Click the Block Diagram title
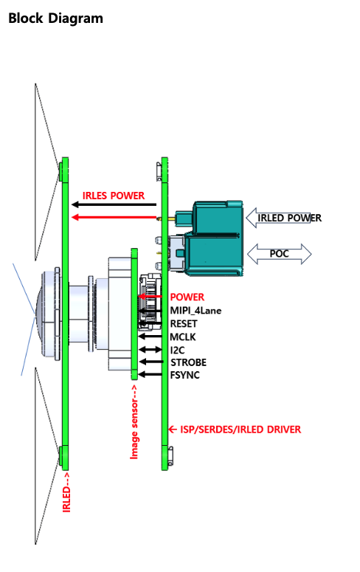[55, 18]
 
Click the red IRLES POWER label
[114, 196]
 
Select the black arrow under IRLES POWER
[114, 204]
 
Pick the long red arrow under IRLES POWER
[114, 218]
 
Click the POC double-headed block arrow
[280, 254]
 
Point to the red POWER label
[187, 297]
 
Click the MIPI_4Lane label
[195, 311]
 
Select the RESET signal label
[184, 323]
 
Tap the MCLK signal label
[183, 337]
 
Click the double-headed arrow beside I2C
[150, 350]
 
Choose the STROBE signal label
[188, 362]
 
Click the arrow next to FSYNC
[150, 374]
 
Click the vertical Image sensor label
[134, 421]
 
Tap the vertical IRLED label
[66, 492]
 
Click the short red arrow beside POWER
[150, 297]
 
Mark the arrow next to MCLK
[150, 337]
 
